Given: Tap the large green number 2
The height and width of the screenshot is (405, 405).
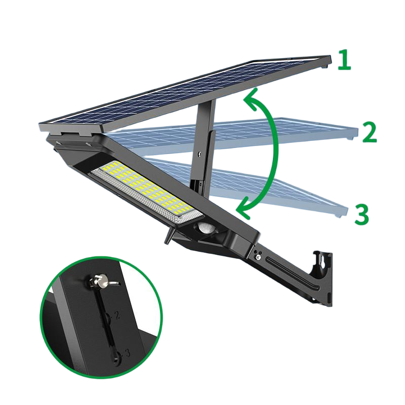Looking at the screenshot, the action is coord(370,134).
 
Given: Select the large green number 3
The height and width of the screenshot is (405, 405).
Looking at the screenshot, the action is coord(361,214).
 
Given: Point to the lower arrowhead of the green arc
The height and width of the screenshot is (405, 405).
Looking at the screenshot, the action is coord(245,208).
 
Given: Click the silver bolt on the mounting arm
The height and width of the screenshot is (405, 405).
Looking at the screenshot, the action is coord(258,257).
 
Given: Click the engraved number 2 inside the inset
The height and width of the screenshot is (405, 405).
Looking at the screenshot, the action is coord(117,315).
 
